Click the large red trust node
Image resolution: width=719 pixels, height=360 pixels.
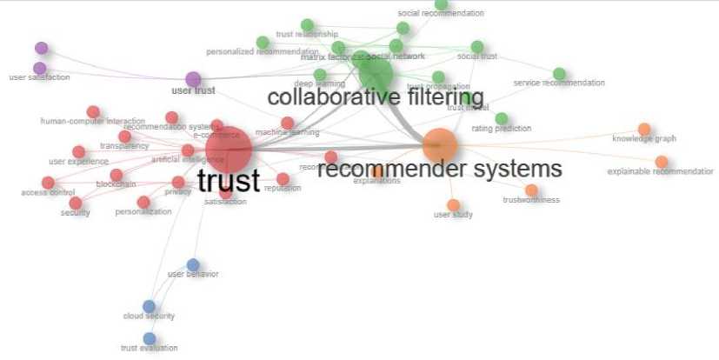[229, 152]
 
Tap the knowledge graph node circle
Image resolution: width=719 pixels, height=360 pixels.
[644, 130]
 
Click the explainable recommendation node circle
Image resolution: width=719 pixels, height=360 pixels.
[662, 162]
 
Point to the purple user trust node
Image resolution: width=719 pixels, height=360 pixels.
[193, 79]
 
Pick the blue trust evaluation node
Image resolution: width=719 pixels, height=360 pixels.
[150, 338]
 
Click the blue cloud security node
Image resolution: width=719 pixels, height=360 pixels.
[149, 306]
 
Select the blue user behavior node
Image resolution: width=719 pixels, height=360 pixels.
[193, 264]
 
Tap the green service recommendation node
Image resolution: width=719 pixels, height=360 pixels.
[559, 74]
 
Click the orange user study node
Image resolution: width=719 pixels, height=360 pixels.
[453, 204]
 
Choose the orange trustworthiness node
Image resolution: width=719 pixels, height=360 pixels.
[531, 190]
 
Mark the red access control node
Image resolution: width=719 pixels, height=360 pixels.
[48, 183]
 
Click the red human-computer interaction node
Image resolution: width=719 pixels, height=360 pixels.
[93, 111]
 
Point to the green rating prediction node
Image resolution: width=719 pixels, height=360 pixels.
[501, 118]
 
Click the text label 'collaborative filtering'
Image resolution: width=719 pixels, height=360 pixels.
[376, 97]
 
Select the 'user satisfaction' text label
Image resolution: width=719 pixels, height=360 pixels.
[39, 77]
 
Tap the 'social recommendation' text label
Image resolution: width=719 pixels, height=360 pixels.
[441, 14]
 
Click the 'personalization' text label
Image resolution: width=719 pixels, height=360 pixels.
[143, 212]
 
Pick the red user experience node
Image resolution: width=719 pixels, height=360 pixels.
[79, 152]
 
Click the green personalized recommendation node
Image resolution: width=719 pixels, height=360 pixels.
[263, 43]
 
